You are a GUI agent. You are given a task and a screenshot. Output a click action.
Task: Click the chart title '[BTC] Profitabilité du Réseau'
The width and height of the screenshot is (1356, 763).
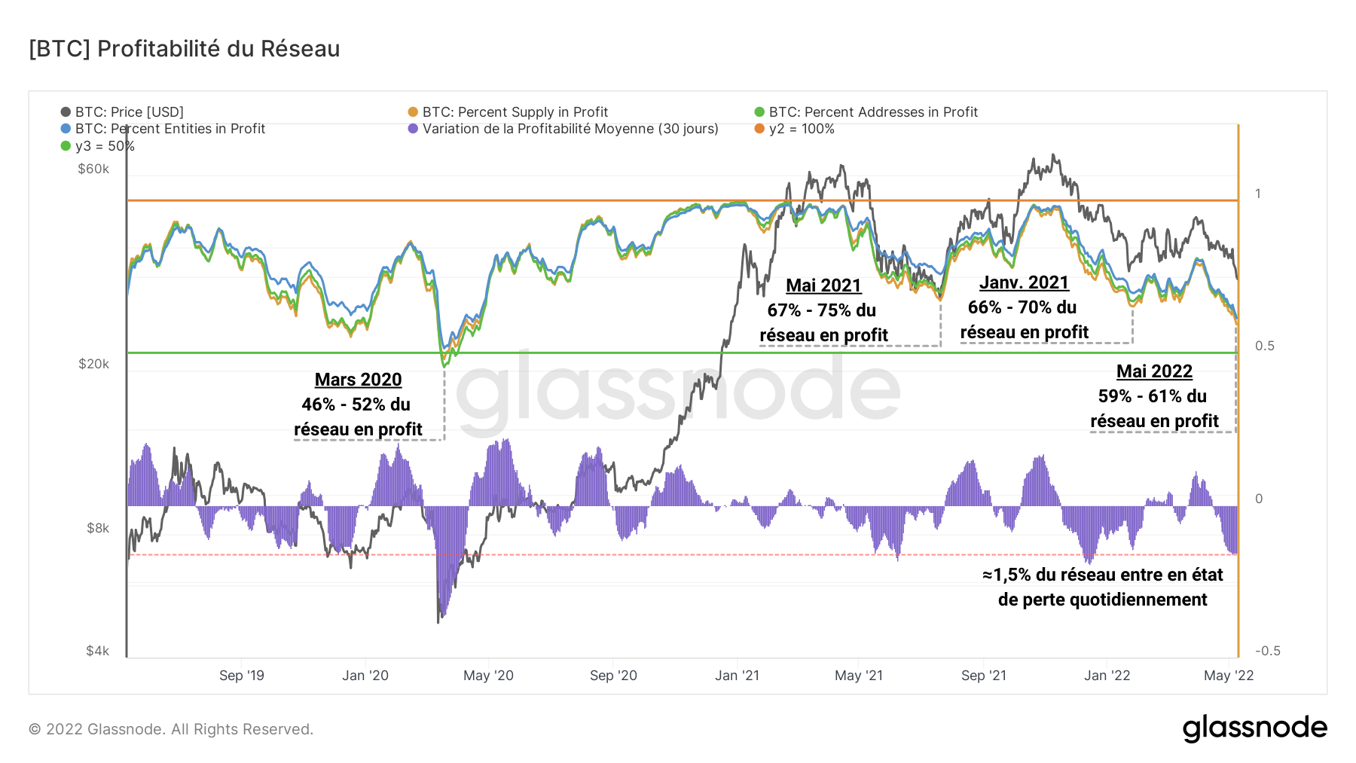tap(185, 49)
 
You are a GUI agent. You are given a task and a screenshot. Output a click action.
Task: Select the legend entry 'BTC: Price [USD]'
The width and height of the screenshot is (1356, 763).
tap(129, 112)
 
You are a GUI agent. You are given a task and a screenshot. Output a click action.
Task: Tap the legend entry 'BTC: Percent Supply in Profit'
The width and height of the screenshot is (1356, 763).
tap(515, 112)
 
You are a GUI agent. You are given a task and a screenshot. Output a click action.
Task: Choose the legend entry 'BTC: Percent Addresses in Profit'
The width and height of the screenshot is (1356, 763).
tap(872, 112)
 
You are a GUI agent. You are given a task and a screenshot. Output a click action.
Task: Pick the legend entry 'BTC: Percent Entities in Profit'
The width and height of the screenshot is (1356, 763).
tap(169, 129)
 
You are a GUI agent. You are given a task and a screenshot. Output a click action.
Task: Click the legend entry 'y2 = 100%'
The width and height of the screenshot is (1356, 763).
tap(801, 129)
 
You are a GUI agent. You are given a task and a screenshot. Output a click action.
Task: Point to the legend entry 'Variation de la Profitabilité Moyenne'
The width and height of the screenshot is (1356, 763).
tap(570, 129)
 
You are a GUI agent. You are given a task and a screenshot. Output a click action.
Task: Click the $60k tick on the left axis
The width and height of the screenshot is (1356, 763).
tap(93, 169)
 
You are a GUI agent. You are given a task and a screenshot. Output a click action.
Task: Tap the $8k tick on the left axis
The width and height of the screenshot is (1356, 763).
tap(98, 528)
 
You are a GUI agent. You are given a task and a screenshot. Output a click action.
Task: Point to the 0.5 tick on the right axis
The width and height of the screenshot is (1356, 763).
tap(1264, 346)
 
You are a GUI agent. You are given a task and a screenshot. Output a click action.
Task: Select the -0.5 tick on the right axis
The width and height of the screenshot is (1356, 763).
tap(1267, 651)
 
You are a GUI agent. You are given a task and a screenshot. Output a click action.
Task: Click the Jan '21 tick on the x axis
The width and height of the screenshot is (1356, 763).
tap(737, 676)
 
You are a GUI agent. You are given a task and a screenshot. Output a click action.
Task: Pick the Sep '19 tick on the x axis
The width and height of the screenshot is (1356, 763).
tap(242, 676)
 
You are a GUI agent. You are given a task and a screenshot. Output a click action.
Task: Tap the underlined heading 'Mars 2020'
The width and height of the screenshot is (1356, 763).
tap(358, 380)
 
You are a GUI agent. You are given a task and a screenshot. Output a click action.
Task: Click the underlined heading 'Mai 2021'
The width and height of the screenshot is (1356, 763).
tap(823, 285)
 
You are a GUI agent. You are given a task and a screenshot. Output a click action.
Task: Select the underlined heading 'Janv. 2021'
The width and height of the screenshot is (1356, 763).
tap(1024, 282)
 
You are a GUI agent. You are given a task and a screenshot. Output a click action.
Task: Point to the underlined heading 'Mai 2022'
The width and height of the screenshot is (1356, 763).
tap(1154, 371)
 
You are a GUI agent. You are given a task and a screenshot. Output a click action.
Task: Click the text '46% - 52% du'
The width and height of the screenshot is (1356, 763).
tap(356, 404)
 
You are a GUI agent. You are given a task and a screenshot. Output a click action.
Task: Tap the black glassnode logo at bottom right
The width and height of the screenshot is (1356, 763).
tap(1254, 728)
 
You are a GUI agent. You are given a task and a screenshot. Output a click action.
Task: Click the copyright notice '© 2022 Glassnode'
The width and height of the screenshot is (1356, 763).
tap(171, 729)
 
